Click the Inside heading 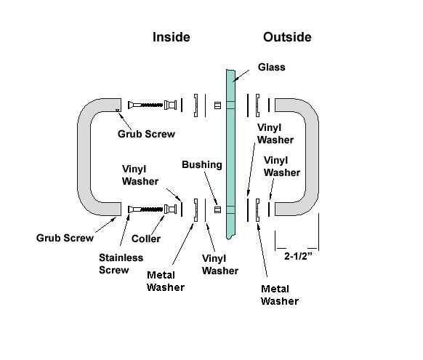coord(172,37)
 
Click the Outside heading coord(287,37)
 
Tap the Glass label coord(271,67)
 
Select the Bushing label coord(202,165)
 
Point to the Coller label coord(146,239)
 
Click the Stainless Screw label coord(121,264)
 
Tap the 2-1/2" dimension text coord(298,256)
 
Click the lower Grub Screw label coord(65,238)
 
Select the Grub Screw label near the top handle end coord(146,134)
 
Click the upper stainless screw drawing coord(145,105)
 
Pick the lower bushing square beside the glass coord(218,209)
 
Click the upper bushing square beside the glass coord(218,105)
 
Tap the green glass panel coord(230,154)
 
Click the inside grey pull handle coord(84,156)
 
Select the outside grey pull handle coord(313,156)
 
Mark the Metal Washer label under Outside coord(280,295)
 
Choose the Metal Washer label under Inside coord(166,281)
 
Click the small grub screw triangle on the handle coord(117,110)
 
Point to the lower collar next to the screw coord(171,209)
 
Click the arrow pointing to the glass coord(241,76)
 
